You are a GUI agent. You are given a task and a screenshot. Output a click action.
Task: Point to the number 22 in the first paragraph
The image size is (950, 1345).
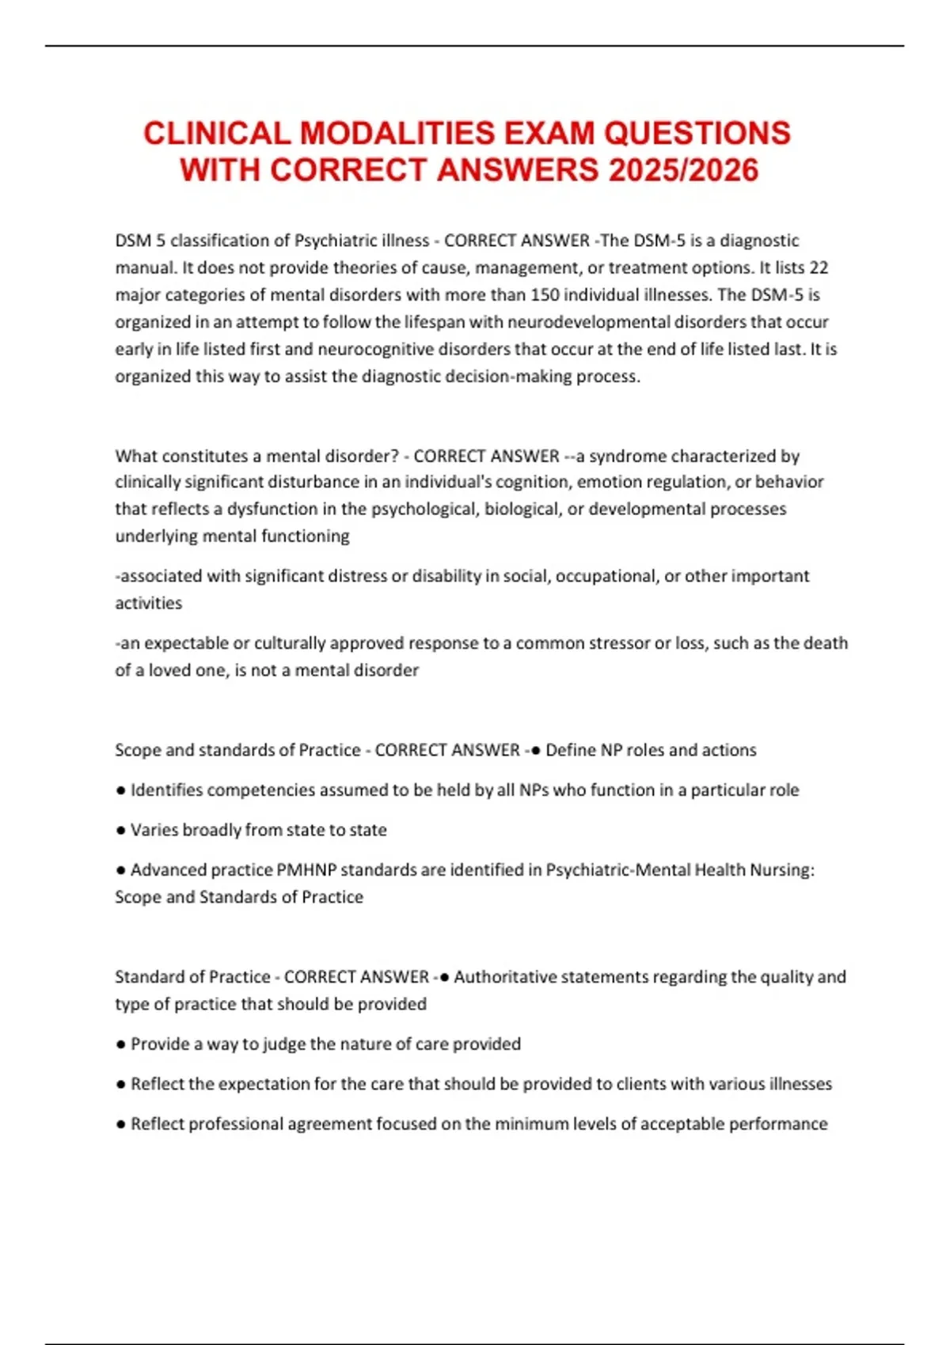[818, 267]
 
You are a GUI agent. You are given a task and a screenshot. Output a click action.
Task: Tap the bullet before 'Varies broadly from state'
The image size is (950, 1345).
[120, 830]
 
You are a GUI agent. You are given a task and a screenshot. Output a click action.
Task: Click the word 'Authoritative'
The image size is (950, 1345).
[506, 977]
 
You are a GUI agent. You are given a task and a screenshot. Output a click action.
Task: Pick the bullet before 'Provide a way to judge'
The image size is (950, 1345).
[120, 1044]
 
